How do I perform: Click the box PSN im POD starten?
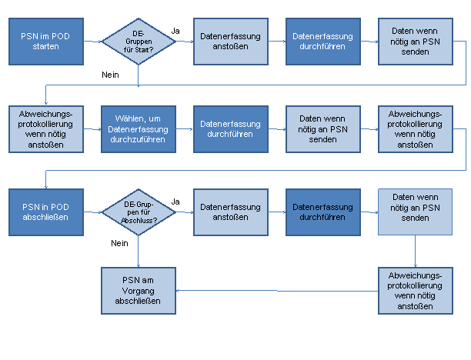point(46,42)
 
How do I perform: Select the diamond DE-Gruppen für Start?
point(139,42)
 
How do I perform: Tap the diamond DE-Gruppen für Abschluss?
point(139,212)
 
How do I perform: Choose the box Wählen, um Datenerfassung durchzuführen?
point(139,129)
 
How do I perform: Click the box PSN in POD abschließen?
point(46,212)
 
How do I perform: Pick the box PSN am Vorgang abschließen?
point(139,291)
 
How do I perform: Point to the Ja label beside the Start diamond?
point(175,31)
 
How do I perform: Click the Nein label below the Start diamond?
point(110,75)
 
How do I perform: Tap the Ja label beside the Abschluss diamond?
point(175,202)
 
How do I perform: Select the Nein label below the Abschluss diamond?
point(119,243)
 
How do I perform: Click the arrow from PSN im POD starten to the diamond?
point(93,42)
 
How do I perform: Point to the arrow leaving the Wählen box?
point(185,129)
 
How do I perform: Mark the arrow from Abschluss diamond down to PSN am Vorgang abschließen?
point(139,252)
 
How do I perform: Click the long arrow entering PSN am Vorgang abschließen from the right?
point(277,291)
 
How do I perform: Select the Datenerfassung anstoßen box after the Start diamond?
point(231,42)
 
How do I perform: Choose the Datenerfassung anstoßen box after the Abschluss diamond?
point(231,212)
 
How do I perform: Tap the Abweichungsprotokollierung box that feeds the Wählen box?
point(46,129)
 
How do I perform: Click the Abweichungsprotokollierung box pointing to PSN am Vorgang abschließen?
point(416,291)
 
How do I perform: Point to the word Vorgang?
point(139,291)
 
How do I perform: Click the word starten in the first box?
point(46,47)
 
